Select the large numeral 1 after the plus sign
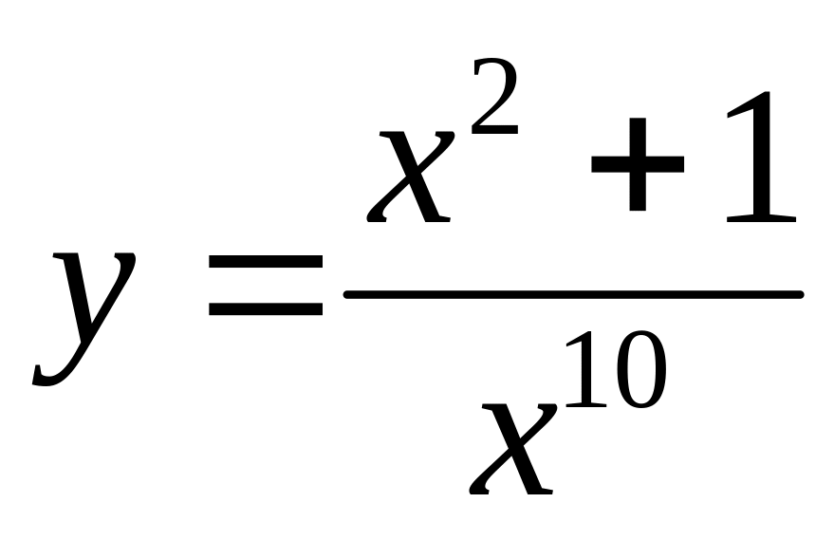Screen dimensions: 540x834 (x=759, y=157)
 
